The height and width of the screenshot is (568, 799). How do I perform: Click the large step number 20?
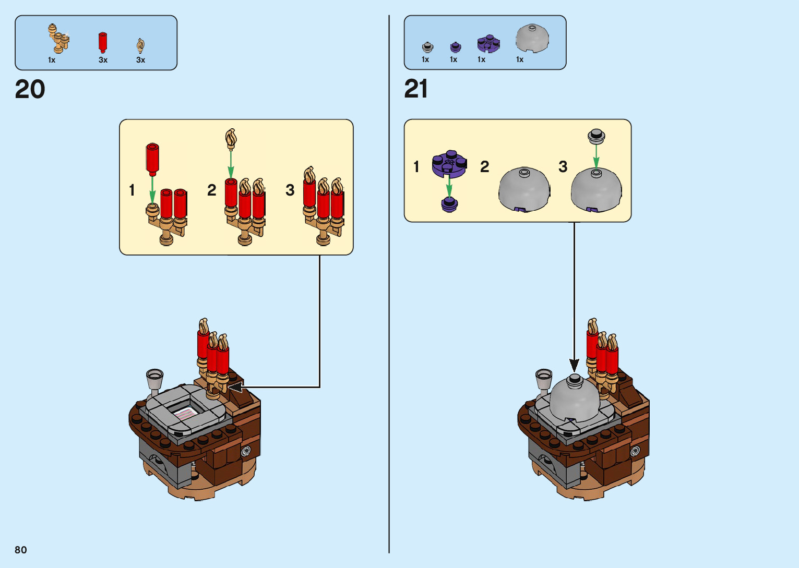(30, 90)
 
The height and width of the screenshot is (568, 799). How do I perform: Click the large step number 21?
(416, 89)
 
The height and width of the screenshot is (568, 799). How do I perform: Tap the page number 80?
(21, 550)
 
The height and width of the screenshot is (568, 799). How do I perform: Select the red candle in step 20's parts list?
(103, 42)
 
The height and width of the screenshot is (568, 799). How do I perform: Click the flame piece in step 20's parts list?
(140, 45)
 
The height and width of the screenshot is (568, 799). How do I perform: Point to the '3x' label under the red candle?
(103, 60)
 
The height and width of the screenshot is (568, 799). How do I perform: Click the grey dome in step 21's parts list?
(532, 39)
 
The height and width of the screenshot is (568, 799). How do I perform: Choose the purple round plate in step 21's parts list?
(488, 44)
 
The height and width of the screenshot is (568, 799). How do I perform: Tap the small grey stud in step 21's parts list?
(427, 47)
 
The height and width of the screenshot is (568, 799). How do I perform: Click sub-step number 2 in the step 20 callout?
(211, 190)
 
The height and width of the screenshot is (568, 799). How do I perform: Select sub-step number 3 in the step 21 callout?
(563, 167)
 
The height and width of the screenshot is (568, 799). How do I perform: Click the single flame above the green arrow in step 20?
(231, 139)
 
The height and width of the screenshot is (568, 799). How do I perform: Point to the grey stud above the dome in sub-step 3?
(596, 137)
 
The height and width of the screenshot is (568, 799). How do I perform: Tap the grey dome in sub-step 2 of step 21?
(524, 189)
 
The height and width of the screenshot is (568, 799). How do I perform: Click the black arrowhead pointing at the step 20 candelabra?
(236, 387)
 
